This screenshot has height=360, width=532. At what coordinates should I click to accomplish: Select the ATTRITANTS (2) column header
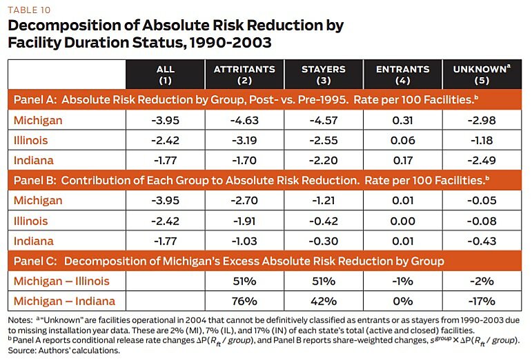point(244,74)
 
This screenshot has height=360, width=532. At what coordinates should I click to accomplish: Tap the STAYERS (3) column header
point(323,74)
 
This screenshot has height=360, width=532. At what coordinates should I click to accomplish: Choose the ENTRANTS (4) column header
point(403,74)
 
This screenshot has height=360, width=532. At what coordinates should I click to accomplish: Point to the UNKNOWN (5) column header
point(483,74)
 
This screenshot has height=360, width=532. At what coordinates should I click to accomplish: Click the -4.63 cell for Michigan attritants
point(244,121)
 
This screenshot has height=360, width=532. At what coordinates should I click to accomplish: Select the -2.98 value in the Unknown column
point(483,121)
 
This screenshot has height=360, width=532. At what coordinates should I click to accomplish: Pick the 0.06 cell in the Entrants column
point(403,141)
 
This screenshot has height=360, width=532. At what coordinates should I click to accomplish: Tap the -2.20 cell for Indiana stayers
point(323,161)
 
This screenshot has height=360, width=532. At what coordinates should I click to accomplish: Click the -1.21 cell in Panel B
point(323,201)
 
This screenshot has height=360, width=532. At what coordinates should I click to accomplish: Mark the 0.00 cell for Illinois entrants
point(403,221)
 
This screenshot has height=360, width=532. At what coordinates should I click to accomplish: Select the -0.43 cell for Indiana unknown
point(483,241)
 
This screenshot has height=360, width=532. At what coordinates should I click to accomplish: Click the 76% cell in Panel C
point(244,301)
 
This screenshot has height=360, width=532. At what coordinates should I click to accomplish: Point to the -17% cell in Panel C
point(483,301)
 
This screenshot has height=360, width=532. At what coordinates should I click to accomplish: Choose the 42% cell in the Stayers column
point(323,301)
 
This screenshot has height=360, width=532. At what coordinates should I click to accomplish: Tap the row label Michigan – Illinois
point(61,281)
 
